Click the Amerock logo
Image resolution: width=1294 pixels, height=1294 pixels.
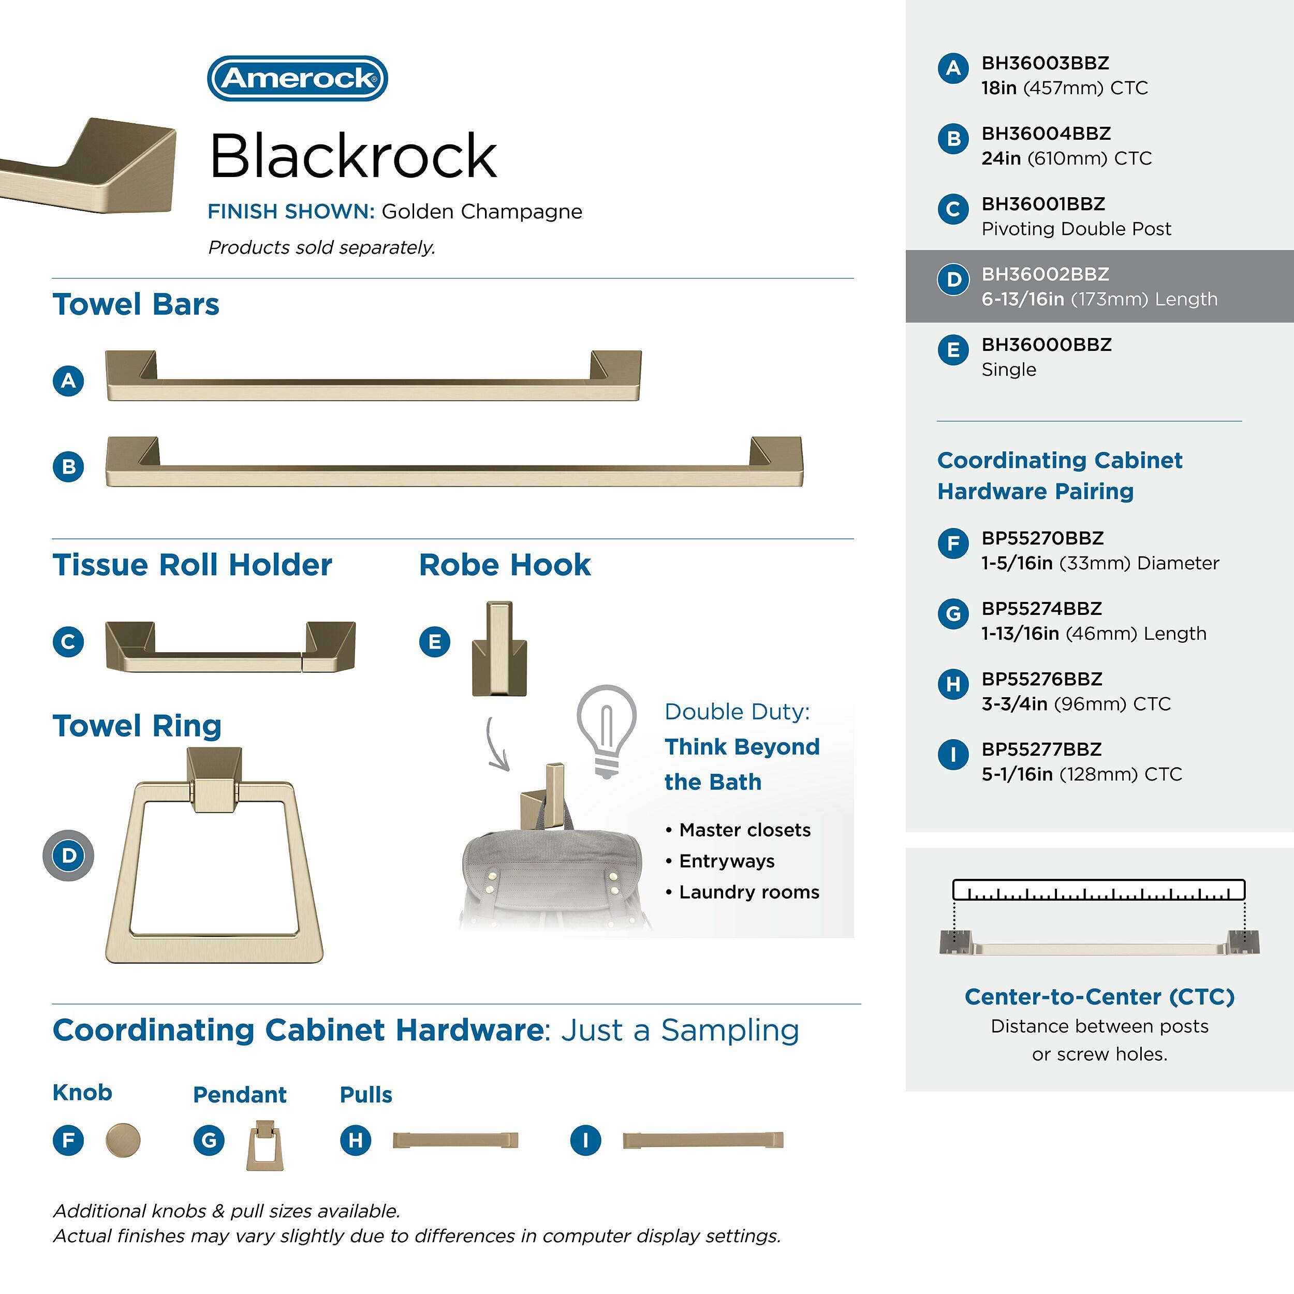tap(298, 78)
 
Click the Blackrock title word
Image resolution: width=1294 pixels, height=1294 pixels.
tap(353, 156)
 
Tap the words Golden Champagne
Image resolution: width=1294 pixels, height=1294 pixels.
tap(481, 212)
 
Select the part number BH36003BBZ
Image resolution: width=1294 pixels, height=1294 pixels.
tap(1045, 63)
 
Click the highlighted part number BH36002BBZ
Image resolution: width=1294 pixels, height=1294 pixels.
tap(1045, 274)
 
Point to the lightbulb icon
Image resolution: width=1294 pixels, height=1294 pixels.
tap(606, 730)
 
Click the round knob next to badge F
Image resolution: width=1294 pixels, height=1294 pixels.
tap(123, 1140)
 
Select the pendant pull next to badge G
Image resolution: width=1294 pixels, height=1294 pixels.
tap(264, 1146)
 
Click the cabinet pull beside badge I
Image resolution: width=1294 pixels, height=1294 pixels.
tap(702, 1140)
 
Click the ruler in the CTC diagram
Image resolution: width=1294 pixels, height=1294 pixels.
tap(1098, 890)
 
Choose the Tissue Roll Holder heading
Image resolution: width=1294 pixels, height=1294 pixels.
tap(192, 565)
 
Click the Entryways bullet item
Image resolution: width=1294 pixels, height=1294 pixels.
tap(726, 861)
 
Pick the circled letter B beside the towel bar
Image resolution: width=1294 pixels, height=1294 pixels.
tap(68, 466)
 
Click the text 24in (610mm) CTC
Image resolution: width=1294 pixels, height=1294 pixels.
tap(1066, 159)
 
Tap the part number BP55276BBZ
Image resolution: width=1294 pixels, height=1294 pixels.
tap(1041, 679)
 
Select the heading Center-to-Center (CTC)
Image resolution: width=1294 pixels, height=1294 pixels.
tap(1099, 996)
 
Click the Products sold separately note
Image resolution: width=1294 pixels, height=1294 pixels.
tap(321, 248)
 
